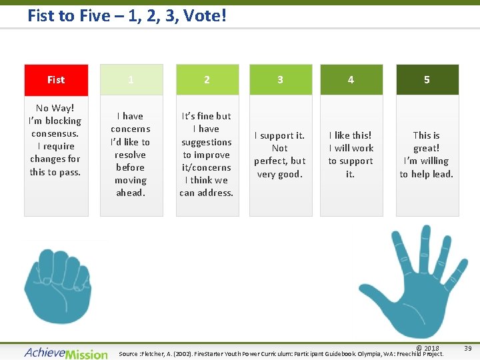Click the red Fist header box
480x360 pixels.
[56, 80]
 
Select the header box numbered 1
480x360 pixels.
[131, 80]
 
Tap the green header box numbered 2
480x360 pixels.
[207, 80]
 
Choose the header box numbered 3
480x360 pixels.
[280, 80]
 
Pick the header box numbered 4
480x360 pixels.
[351, 80]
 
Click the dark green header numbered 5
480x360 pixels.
[427, 80]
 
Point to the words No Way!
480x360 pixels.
[55, 108]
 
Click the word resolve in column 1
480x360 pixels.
[130, 155]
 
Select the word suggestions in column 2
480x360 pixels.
[207, 142]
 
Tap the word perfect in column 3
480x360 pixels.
[271, 161]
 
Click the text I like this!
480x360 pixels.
[350, 135]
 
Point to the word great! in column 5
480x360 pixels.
[426, 148]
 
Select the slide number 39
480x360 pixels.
[467, 347]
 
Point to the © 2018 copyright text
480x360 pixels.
[427, 348]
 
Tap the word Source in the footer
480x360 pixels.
[128, 354]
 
